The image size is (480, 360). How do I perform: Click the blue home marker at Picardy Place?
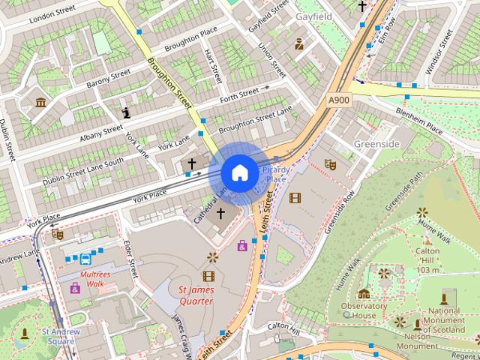238,173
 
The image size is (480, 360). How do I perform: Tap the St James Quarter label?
196,295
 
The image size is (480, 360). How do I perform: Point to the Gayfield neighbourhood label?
314,16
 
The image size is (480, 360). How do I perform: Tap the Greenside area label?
377,142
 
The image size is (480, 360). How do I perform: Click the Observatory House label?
364,310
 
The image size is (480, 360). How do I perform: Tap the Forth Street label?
238,96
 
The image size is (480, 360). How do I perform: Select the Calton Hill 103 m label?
428,259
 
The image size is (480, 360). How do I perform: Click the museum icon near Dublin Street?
40,101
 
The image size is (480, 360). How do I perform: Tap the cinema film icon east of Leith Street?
295,198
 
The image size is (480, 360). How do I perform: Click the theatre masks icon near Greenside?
330,163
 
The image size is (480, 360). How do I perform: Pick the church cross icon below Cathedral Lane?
220,214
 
